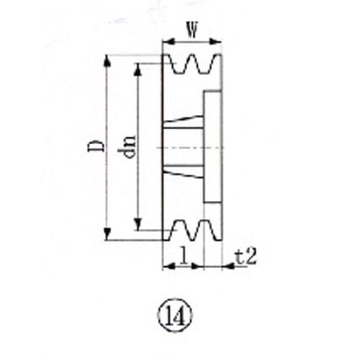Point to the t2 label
(248, 258)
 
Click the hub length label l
(182, 256)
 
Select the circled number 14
(170, 312)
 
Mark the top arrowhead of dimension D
(107, 60)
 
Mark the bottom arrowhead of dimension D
(107, 234)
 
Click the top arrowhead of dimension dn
(138, 68)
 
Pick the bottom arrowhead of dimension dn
(138, 226)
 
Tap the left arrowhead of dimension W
(167, 40)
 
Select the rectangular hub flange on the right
(211, 147)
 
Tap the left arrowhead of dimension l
(167, 264)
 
